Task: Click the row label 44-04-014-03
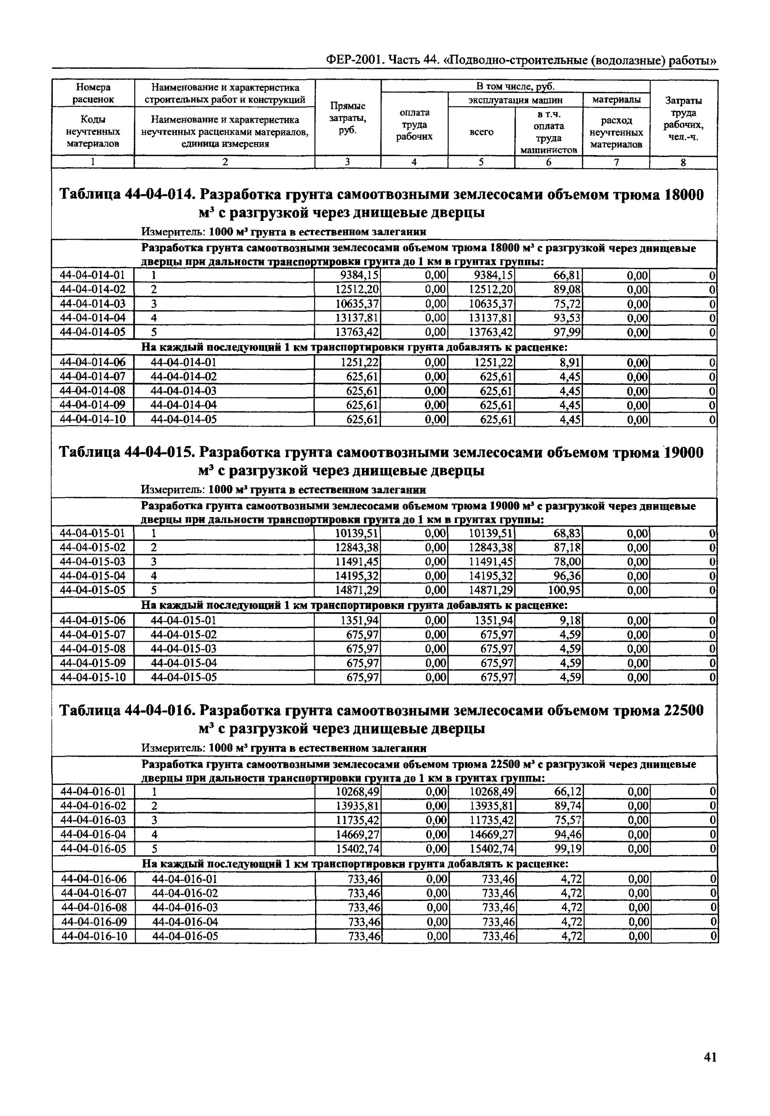[93, 304]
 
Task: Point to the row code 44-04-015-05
[93, 590]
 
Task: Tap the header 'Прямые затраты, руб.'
[347, 118]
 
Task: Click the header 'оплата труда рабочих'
[414, 125]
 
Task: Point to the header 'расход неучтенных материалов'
[616, 132]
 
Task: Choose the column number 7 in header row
[616, 163]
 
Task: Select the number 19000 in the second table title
[684, 453]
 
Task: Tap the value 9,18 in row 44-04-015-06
[570, 620]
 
